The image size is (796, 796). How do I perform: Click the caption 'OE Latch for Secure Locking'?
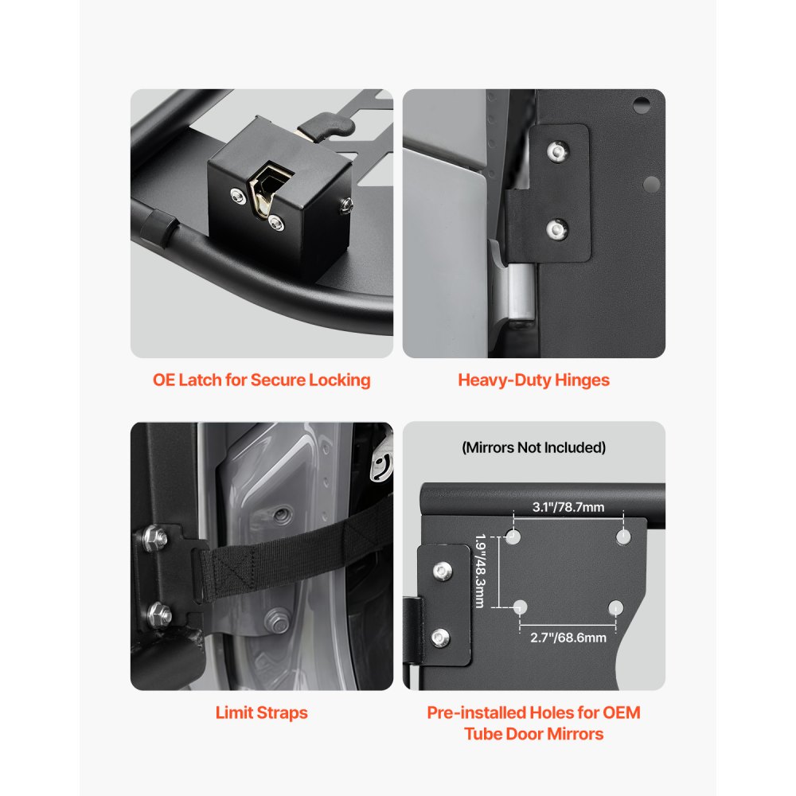(x=262, y=380)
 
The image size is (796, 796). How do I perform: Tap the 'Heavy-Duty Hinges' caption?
(x=533, y=380)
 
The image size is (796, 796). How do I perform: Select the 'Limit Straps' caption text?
(x=262, y=712)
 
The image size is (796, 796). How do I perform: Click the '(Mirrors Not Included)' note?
(x=533, y=447)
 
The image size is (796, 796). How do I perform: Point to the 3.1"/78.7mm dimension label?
(x=567, y=506)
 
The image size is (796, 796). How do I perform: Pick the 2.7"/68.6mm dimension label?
(x=568, y=637)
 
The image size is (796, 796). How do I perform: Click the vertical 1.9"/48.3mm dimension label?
(x=479, y=571)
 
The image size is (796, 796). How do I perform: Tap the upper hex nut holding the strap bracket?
(x=157, y=539)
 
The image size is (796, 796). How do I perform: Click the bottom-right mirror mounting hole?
(x=615, y=608)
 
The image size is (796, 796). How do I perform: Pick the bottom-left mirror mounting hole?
(x=521, y=608)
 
